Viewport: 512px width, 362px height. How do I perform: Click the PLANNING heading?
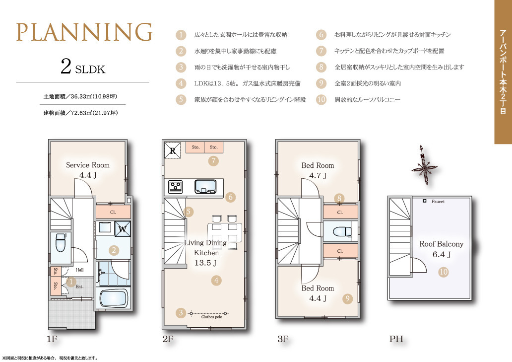point(84,32)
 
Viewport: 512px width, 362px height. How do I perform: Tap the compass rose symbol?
point(424,165)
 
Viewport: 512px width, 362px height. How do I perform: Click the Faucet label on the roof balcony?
point(438,202)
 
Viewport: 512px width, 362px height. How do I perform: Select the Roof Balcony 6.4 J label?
point(442,249)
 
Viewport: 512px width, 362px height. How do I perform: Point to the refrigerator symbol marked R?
point(173,150)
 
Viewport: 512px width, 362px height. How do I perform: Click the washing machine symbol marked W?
point(123,229)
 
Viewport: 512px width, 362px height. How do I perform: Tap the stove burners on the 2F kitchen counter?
point(176,187)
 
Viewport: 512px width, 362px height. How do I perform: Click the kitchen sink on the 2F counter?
point(205,187)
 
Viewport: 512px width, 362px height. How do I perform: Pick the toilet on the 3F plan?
point(342,231)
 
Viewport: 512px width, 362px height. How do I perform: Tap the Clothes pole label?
point(211,317)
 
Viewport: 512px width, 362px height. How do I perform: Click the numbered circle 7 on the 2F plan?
point(213,161)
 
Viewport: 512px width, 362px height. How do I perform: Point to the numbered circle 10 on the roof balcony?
point(444,272)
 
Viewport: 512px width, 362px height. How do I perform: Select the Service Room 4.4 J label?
point(88,170)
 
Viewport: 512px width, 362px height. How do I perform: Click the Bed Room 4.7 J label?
point(318,170)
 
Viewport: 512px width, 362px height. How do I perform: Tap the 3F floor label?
point(283,339)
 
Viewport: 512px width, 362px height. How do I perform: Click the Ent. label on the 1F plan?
point(79,287)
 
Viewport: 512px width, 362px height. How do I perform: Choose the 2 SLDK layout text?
point(83,67)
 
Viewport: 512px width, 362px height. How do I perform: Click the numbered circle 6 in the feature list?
point(321,35)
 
